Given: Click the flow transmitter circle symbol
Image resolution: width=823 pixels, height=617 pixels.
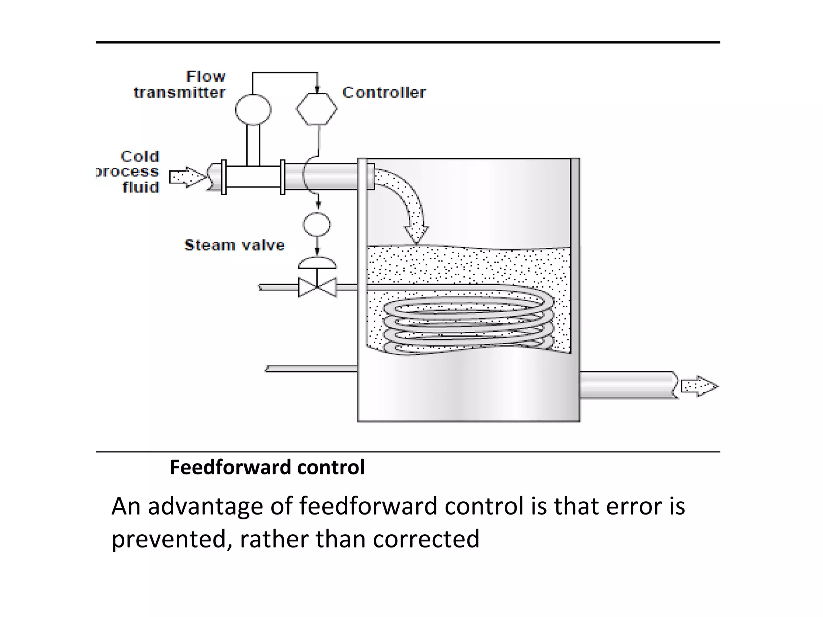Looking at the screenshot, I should point(253,109).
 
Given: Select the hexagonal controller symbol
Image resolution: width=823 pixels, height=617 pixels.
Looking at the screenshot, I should point(317,109).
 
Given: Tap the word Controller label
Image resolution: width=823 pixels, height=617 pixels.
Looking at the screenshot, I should point(384,93).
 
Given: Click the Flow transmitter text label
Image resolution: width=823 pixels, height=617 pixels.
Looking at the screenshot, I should point(180,85).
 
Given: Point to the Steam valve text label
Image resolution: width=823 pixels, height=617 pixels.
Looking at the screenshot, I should point(234,245).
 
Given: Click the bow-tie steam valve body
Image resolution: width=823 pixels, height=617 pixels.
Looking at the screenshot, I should point(317,287).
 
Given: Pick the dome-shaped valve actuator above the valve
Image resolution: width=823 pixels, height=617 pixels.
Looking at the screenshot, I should point(317,263).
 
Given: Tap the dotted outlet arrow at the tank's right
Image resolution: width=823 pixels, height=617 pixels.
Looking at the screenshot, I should point(699,386).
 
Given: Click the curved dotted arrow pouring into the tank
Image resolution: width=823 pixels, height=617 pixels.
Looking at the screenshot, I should point(406,201).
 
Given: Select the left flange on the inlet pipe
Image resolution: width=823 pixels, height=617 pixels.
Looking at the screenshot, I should point(224,177).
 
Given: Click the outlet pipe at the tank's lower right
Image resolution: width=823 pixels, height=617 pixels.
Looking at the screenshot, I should point(627,385).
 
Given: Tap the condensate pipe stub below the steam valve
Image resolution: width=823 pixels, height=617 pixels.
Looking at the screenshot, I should point(311,369).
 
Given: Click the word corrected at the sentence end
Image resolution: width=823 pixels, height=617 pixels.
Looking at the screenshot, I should point(426,539).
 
